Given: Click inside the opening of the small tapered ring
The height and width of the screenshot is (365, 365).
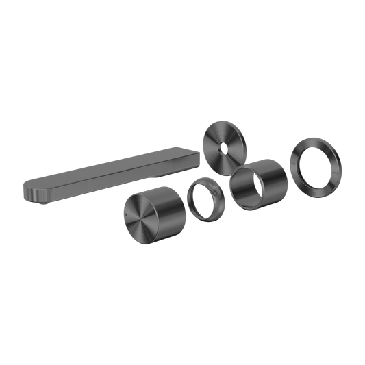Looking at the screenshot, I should tap(203, 199).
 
